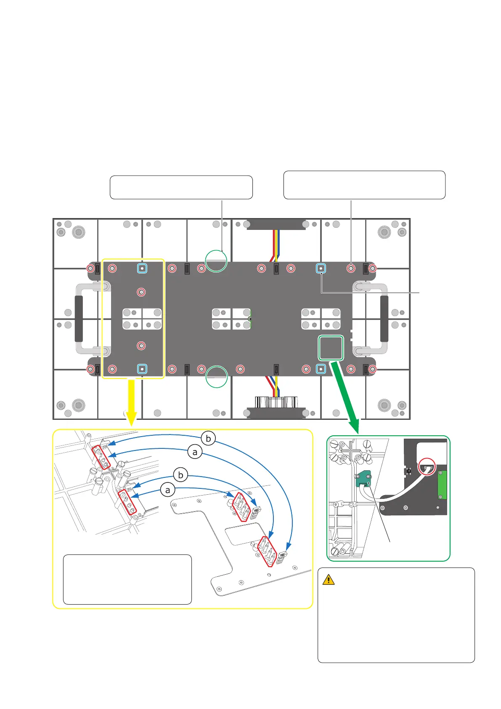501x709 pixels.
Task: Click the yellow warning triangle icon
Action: [328, 580]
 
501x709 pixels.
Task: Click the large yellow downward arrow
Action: [131, 402]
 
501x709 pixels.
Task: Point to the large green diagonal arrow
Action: [345, 397]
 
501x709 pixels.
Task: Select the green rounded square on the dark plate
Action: [331, 348]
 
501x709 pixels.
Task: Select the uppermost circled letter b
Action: [208, 438]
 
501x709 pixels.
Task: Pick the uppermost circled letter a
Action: [195, 452]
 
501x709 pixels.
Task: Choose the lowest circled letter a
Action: [168, 490]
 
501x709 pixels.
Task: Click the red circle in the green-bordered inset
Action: [427, 466]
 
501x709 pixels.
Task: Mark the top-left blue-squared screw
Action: [142, 269]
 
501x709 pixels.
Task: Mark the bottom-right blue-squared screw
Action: [321, 369]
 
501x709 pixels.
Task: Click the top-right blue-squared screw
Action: [321, 269]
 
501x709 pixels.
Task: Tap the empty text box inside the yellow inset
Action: [127, 579]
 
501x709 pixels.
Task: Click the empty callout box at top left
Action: [181, 187]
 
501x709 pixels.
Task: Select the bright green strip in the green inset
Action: [442, 485]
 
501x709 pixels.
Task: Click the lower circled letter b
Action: [180, 475]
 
